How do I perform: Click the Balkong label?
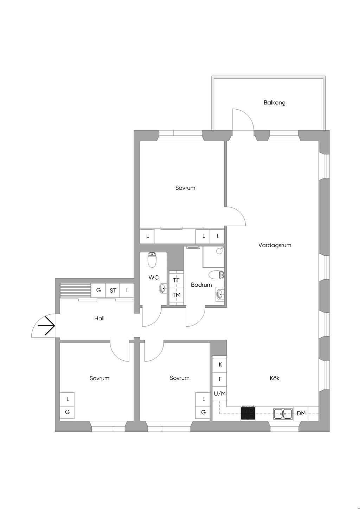click(275, 103)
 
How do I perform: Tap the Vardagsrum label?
click(275, 245)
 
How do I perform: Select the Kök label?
click(275, 378)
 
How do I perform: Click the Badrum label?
click(201, 285)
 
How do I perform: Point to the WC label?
click(153, 278)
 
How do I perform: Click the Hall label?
click(99, 319)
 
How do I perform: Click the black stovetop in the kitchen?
click(248, 413)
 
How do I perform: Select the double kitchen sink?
click(283, 413)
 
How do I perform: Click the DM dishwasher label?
click(301, 413)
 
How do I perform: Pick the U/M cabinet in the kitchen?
click(220, 394)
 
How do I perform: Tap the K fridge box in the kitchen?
click(220, 365)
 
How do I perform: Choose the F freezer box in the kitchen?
click(220, 379)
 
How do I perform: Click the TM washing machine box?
click(176, 295)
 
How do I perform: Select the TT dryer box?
click(176, 280)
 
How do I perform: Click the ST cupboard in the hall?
click(113, 291)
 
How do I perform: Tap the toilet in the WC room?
click(152, 260)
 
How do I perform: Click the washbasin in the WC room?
click(163, 289)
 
